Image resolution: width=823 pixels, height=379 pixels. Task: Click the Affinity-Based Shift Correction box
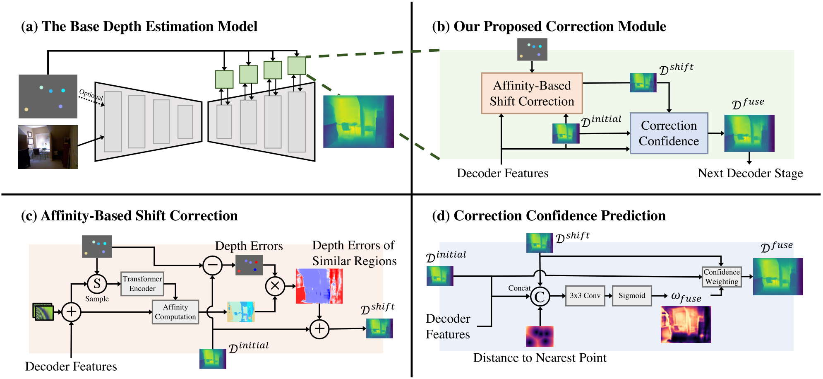(532, 93)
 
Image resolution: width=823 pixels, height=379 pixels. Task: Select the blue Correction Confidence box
(669, 133)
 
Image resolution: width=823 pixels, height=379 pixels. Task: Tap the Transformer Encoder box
(142, 284)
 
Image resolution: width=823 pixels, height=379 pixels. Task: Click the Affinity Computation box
(175, 312)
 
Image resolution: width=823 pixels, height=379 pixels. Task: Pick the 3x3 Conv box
(585, 296)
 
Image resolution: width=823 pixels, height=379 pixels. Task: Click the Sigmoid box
(631, 296)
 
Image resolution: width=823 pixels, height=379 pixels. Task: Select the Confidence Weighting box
(722, 277)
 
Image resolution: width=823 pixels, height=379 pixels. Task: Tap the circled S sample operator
(97, 284)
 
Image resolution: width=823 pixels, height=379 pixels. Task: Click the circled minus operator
(213, 266)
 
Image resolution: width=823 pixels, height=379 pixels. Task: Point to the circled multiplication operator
(275, 286)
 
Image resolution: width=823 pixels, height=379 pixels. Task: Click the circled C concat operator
(540, 297)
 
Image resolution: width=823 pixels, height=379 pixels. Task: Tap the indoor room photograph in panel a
(48, 147)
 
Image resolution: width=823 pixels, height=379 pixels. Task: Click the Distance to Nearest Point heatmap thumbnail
(540, 336)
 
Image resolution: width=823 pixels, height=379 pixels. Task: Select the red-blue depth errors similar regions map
(319, 286)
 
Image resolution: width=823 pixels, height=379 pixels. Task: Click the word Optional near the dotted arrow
(91, 94)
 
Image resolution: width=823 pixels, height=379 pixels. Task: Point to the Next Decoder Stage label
(750, 173)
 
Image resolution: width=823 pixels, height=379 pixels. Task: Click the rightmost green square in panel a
(297, 66)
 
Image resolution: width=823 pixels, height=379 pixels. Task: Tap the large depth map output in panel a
(358, 121)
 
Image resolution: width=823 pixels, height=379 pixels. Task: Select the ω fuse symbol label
(686, 297)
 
